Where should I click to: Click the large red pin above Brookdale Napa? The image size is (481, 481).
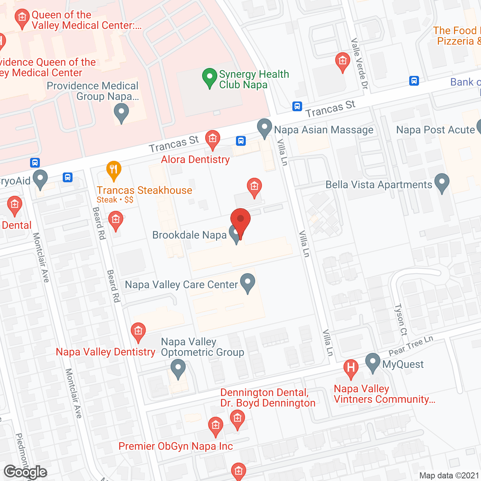(240, 220)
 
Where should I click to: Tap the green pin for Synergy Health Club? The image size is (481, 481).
(209, 77)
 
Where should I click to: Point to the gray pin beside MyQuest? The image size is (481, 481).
(372, 362)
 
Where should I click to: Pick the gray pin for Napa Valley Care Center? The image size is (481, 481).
(247, 283)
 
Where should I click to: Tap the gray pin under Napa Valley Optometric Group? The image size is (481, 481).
(178, 368)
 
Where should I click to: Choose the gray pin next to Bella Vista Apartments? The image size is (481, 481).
(442, 183)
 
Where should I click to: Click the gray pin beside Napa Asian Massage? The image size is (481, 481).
(265, 128)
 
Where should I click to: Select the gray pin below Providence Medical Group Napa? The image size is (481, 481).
(121, 112)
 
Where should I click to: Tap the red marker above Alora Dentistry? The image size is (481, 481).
(213, 139)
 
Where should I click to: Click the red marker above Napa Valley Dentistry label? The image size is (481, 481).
(138, 332)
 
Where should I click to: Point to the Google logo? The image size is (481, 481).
(26, 472)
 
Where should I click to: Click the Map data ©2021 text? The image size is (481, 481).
(449, 475)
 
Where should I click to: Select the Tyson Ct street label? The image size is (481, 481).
(401, 320)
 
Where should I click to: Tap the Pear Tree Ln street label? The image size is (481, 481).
(411, 346)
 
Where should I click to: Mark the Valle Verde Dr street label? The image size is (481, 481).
(359, 64)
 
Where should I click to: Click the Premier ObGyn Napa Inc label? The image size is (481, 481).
(175, 446)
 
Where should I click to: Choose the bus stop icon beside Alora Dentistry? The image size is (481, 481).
(241, 141)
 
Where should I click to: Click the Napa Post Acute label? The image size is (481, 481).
(436, 130)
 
